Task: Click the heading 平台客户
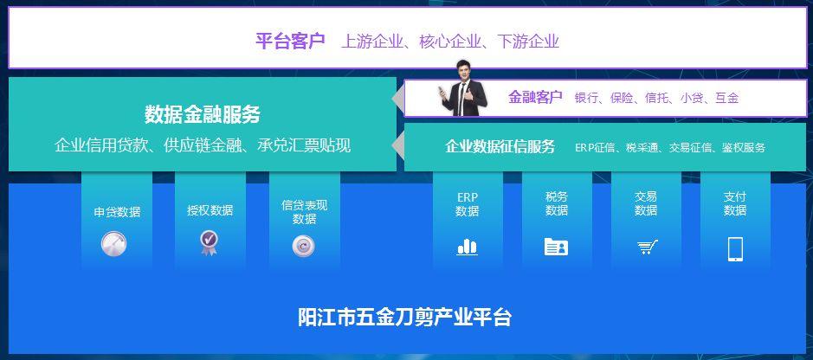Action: (x=290, y=41)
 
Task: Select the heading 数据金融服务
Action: (x=203, y=114)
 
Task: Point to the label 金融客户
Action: (x=535, y=98)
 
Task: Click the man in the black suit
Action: (x=463, y=88)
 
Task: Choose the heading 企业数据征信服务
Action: (x=500, y=146)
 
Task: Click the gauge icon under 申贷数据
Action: (x=113, y=244)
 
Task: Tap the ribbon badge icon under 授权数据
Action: (x=209, y=243)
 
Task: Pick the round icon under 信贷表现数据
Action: (x=303, y=246)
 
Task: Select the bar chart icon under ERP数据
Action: (x=468, y=247)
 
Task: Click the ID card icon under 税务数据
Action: (x=556, y=247)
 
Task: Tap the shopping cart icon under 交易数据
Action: (x=647, y=247)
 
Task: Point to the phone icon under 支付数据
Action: (x=735, y=249)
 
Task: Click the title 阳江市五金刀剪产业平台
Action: (x=404, y=317)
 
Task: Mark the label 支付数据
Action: (x=735, y=203)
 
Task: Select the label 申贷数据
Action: (x=117, y=212)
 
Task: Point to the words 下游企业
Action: (x=528, y=42)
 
